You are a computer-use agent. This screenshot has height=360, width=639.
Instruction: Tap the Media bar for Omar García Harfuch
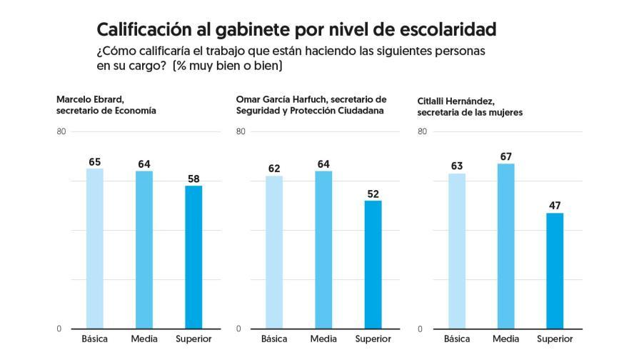pos(323,249)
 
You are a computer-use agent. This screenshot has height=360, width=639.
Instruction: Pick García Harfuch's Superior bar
pos(373,264)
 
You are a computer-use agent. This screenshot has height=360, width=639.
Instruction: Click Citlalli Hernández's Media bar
pos(506,246)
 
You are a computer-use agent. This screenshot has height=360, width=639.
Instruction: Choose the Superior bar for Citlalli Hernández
pos(555,271)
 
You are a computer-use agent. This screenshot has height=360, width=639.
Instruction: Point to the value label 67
pos(506,156)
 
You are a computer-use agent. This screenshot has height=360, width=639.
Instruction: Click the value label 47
pos(555,206)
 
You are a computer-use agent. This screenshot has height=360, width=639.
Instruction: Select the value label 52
pos(373,193)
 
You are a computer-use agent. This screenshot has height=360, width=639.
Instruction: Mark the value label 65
pos(95,161)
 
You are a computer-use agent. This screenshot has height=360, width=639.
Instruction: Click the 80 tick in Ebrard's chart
pos(61,131)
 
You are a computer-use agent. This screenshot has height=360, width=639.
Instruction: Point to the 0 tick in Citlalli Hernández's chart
pos(420,329)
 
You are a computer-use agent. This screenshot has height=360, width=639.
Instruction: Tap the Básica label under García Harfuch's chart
pos(273,339)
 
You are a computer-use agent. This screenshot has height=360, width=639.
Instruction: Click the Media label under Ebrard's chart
pos(144,339)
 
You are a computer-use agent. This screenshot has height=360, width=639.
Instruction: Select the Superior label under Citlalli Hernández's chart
pos(555,339)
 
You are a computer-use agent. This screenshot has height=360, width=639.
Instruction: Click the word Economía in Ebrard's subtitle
pos(134,111)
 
